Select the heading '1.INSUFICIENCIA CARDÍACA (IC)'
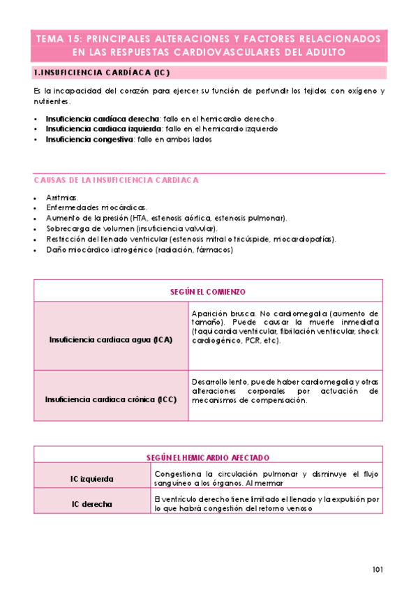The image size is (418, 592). pyautogui.click(x=102, y=73)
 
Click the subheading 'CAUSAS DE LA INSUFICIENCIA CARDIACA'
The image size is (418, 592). pyautogui.click(x=116, y=180)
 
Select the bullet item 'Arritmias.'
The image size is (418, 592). pyautogui.click(x=62, y=198)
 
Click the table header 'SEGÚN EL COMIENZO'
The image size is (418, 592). pyautogui.click(x=209, y=291)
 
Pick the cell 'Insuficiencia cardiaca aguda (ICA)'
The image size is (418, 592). pyautogui.click(x=111, y=339)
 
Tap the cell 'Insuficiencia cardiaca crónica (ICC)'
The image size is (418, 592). pyautogui.click(x=111, y=400)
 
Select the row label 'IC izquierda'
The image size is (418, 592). pyautogui.click(x=92, y=479)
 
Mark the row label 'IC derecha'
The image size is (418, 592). pyautogui.click(x=92, y=503)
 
